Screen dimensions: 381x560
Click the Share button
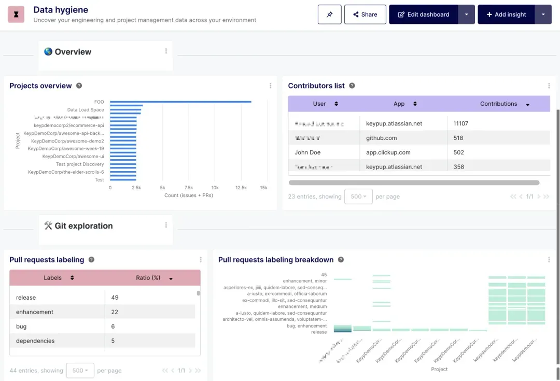click(x=365, y=15)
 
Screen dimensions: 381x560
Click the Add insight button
click(x=506, y=15)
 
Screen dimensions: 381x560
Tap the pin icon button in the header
click(x=329, y=15)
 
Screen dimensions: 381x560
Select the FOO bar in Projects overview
click(x=180, y=102)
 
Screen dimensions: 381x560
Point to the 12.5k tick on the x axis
click(x=241, y=188)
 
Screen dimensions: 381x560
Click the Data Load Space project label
click(x=86, y=110)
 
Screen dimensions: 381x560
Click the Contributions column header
click(x=498, y=104)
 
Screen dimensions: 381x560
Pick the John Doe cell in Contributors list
click(x=307, y=152)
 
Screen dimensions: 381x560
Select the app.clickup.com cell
click(x=388, y=152)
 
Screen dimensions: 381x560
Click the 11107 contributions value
click(x=460, y=123)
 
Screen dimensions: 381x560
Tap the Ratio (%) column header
click(x=148, y=278)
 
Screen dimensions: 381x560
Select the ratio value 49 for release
click(x=115, y=298)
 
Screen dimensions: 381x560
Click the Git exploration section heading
click(x=83, y=226)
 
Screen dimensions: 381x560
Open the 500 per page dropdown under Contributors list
click(x=358, y=196)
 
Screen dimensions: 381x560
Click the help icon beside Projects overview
click(x=79, y=86)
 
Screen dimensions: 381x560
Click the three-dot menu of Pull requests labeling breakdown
click(x=549, y=260)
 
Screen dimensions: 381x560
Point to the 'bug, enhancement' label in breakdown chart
click(x=306, y=326)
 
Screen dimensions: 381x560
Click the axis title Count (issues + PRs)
click(x=188, y=195)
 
